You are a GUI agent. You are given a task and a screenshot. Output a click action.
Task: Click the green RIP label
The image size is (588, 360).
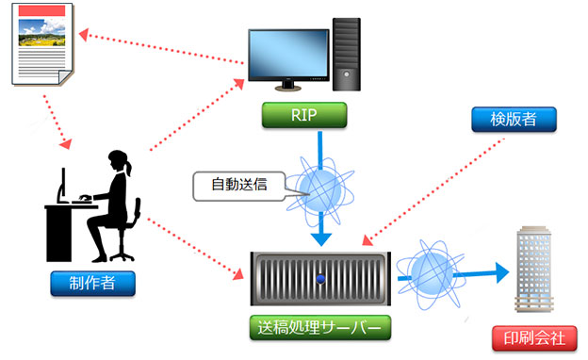pyautogui.click(x=304, y=115)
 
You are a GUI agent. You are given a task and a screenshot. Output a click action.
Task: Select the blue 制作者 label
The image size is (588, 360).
pyautogui.click(x=93, y=283)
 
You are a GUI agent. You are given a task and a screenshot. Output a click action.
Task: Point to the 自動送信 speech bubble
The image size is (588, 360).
pyautogui.click(x=237, y=184)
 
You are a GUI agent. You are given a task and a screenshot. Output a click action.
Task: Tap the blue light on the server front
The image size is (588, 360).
pyautogui.click(x=321, y=278)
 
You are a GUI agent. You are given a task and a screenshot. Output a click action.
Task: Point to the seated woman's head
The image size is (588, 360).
pyautogui.click(x=121, y=162)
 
